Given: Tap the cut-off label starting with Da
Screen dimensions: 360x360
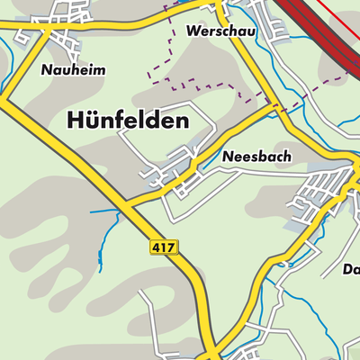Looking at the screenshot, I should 350,269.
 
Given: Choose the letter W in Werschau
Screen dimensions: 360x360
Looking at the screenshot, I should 193,31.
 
